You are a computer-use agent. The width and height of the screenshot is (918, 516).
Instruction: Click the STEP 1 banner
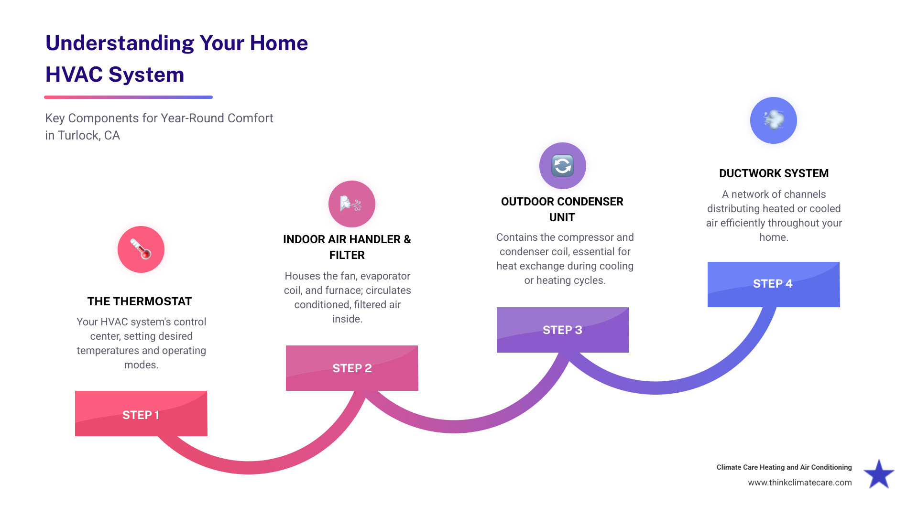(x=141, y=414)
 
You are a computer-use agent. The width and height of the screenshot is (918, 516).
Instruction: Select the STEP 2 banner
(x=352, y=368)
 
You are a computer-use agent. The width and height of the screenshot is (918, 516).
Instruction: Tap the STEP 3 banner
(x=563, y=330)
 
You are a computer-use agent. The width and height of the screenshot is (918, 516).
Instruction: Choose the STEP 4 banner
(x=774, y=284)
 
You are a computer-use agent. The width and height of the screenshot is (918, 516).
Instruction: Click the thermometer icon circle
(x=141, y=249)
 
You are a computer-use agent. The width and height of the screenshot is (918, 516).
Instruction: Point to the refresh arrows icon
(x=563, y=166)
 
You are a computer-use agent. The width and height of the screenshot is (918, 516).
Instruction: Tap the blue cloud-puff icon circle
(x=774, y=120)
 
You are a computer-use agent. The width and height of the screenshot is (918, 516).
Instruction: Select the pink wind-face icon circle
(x=352, y=204)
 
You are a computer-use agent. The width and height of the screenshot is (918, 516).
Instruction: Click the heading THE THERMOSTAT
(x=140, y=301)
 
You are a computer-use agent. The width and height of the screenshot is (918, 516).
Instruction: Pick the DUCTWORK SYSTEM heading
(x=774, y=173)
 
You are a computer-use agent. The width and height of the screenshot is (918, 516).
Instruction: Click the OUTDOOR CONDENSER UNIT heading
(x=562, y=209)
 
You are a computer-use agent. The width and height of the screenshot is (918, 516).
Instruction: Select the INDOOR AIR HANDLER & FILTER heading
(x=347, y=247)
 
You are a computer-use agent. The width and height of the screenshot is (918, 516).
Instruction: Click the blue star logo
(x=879, y=474)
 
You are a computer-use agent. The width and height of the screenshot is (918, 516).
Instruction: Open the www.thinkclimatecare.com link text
(x=799, y=483)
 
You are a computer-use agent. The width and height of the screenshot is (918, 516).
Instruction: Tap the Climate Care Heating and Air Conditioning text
(x=784, y=467)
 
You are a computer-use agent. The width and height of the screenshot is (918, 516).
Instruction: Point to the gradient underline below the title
(x=128, y=97)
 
